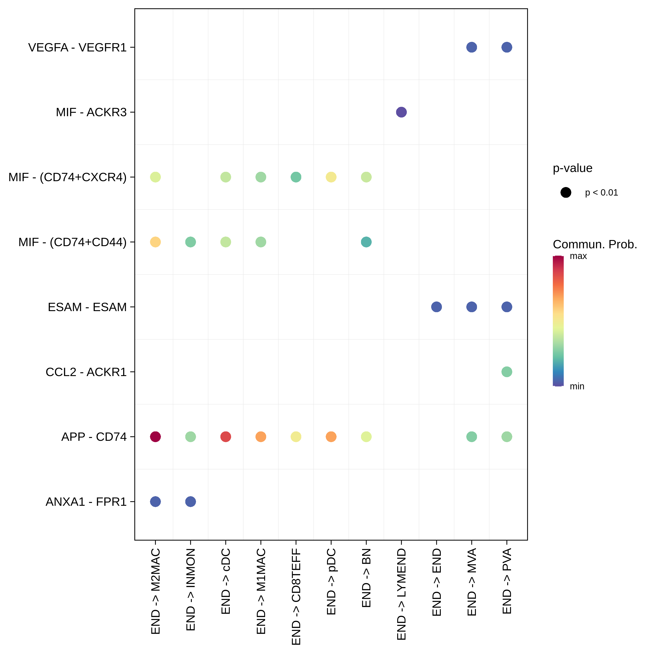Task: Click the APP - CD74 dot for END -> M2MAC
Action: (x=155, y=437)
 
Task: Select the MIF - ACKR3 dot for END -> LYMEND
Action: (x=401, y=112)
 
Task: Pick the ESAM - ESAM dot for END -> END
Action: (x=436, y=307)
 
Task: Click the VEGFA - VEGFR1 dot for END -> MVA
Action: (x=472, y=47)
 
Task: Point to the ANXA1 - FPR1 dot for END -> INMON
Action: (x=191, y=501)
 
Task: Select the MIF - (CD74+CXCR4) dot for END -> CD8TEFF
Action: (x=296, y=177)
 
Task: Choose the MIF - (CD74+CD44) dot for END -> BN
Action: (x=366, y=242)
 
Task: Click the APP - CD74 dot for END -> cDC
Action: (x=225, y=437)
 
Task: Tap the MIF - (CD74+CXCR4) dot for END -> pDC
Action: (x=331, y=177)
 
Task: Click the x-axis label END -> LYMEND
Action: (x=401, y=594)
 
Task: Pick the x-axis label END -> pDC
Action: (x=331, y=582)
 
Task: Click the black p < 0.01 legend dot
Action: (x=566, y=193)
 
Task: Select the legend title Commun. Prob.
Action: (x=595, y=244)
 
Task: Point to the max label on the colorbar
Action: (x=578, y=256)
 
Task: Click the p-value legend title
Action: (x=572, y=168)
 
